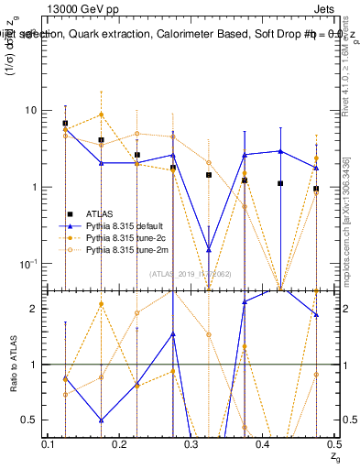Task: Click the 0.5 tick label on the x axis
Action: [x=333, y=444]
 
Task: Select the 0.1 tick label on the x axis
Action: [x=49, y=444]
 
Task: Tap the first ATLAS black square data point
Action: [x=65, y=123]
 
